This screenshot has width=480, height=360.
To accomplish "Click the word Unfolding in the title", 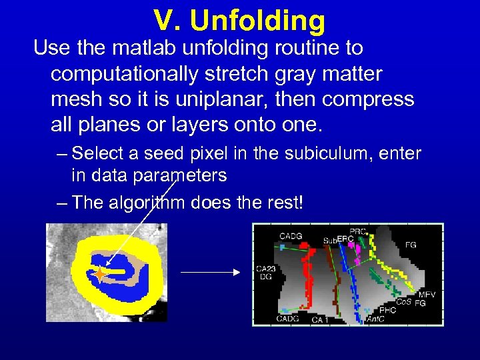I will coord(257,21).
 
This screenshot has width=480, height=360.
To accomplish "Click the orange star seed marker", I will coord(100,273).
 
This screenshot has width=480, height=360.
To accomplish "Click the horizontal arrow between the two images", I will coord(209,272).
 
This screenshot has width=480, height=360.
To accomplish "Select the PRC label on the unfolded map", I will coord(358,231).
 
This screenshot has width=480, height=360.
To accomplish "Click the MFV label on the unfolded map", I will coord(427,294).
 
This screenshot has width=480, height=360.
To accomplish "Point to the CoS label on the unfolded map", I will coord(403,302).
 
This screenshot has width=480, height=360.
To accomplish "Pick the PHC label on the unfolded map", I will coord(387,310).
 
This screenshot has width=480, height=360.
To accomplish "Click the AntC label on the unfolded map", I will coord(375,319).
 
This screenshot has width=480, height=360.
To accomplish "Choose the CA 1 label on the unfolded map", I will coord(321,320).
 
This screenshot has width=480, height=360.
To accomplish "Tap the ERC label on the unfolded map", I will coord(345,239).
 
